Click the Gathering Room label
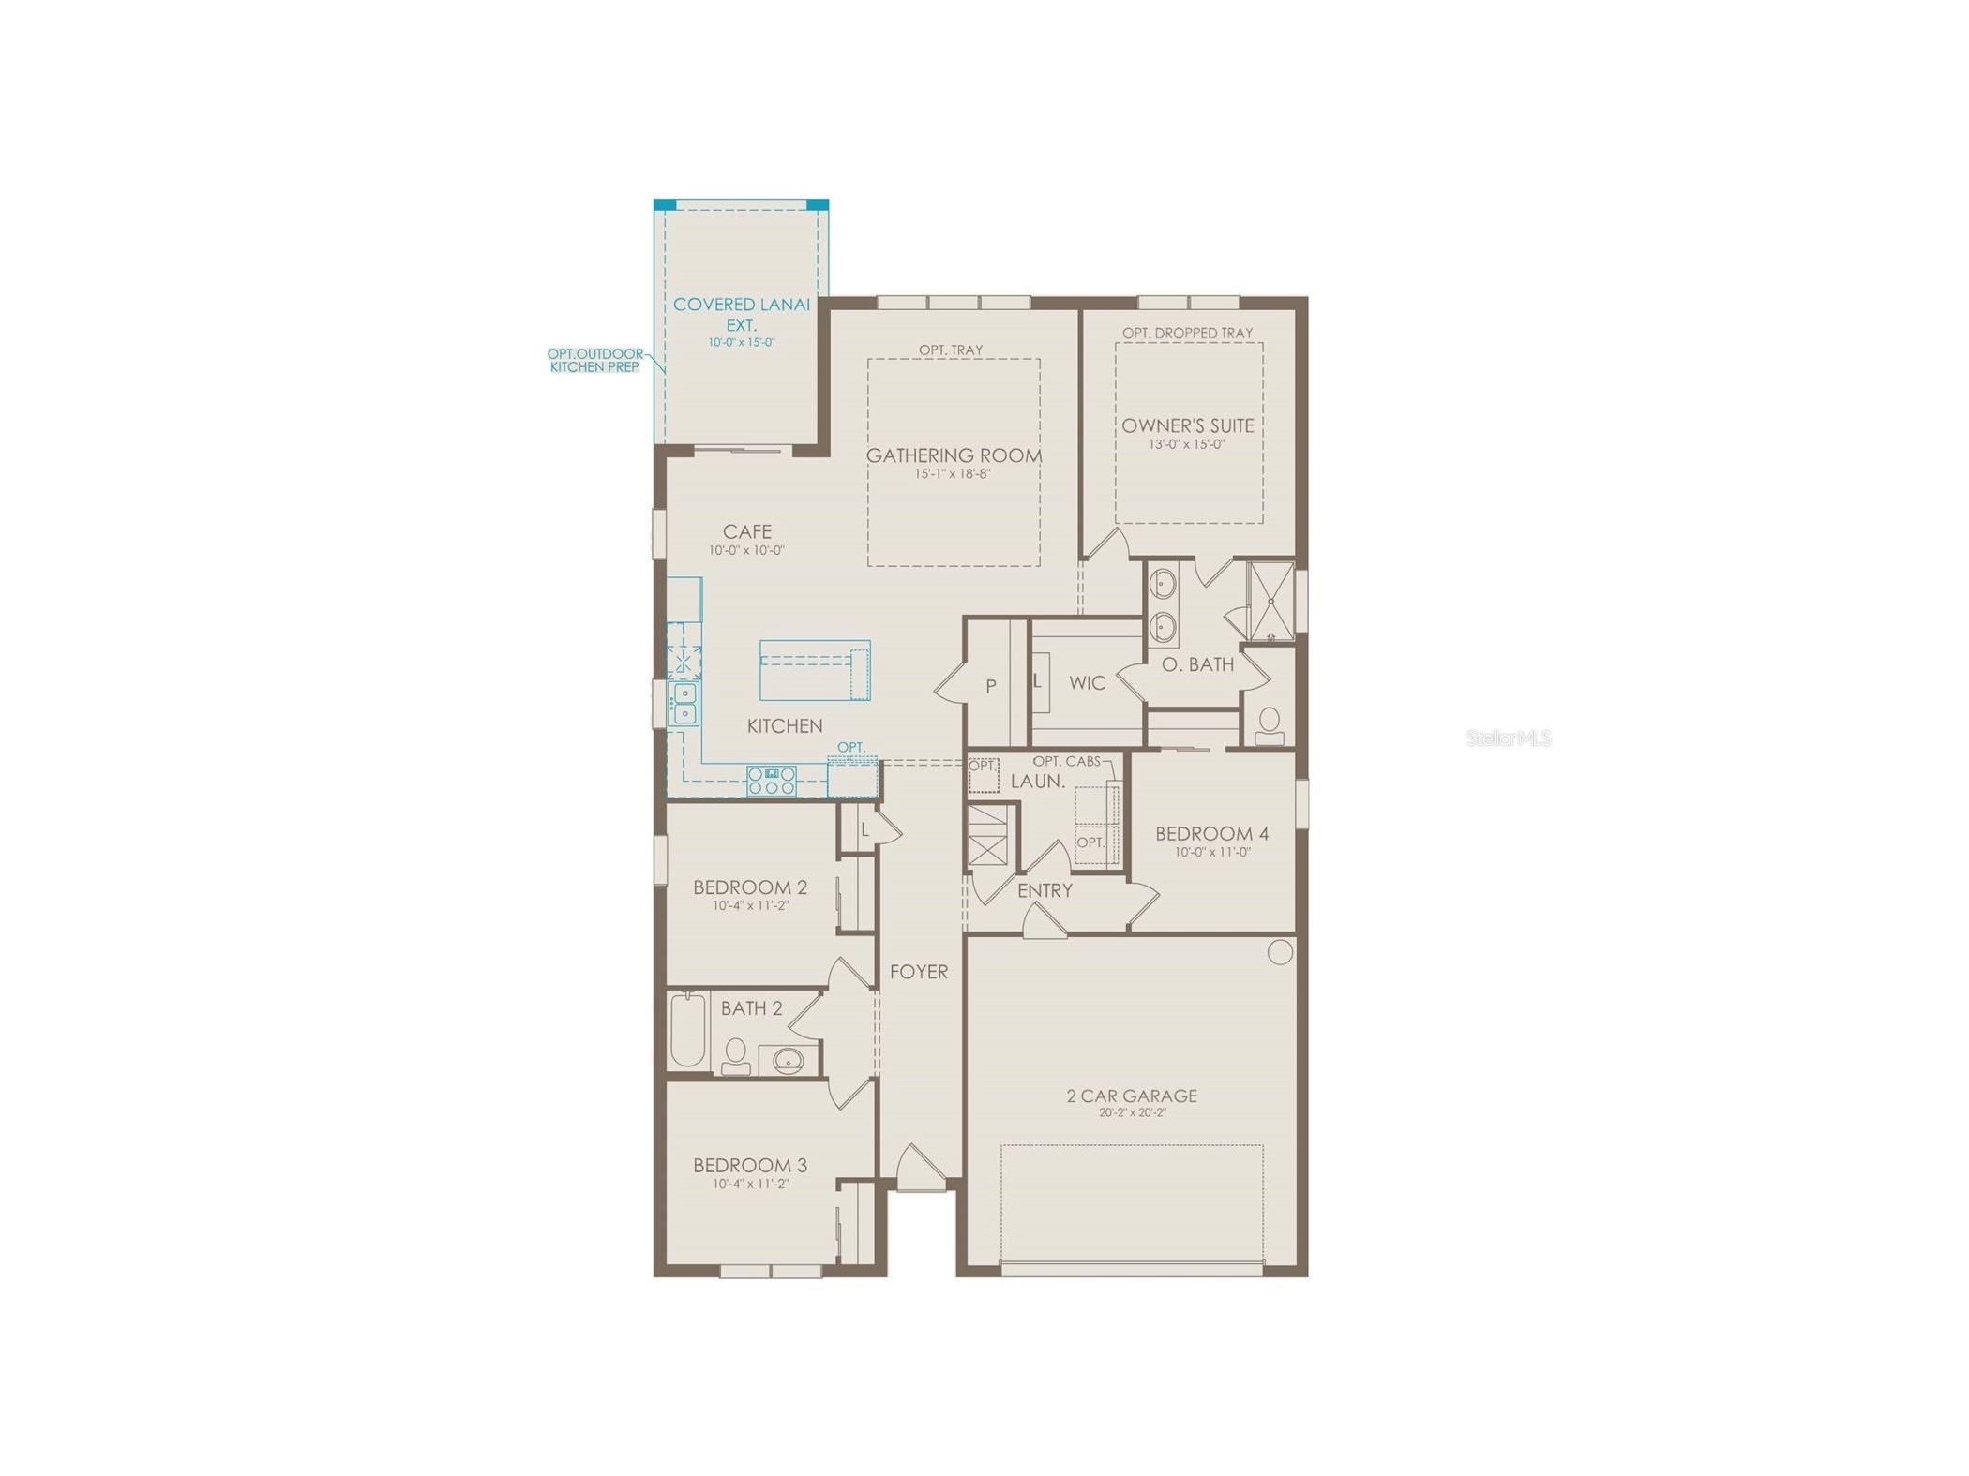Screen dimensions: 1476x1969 point(954,456)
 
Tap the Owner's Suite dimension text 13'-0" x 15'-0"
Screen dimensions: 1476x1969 point(1187,445)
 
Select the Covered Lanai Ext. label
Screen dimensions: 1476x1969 point(741,314)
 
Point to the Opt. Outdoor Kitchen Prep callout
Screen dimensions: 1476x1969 point(595,361)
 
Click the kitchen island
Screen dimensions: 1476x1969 point(814,670)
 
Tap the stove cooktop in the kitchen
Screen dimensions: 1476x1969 point(772,781)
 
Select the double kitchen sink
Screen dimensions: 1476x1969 point(684,704)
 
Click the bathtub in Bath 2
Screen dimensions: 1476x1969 point(687,1031)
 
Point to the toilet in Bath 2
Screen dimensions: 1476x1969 point(736,1055)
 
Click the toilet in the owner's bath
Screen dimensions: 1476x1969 point(1270,724)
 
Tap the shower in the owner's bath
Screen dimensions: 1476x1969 point(1270,601)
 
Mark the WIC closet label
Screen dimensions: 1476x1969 point(1088,683)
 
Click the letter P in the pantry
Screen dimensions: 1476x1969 point(990,687)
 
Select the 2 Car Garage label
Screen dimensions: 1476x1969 point(1132,1096)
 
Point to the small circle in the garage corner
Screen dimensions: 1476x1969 point(1280,952)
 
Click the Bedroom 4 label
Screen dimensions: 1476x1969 point(1211,833)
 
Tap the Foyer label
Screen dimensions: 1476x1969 point(919,972)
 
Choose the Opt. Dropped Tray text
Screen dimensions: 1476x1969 point(1187,333)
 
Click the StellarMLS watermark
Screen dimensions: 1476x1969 point(1508,738)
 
